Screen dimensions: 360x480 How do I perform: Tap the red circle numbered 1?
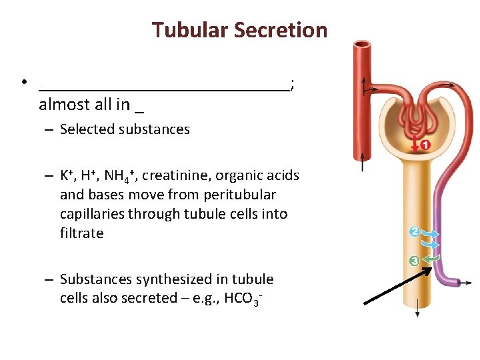425,145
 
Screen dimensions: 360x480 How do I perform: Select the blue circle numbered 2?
415,231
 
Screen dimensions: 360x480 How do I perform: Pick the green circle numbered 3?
415,260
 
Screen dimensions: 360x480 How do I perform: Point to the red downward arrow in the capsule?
414,144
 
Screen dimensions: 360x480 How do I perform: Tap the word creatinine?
174,175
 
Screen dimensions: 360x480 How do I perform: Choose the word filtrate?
81,233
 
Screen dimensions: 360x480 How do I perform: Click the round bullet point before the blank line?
23,84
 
